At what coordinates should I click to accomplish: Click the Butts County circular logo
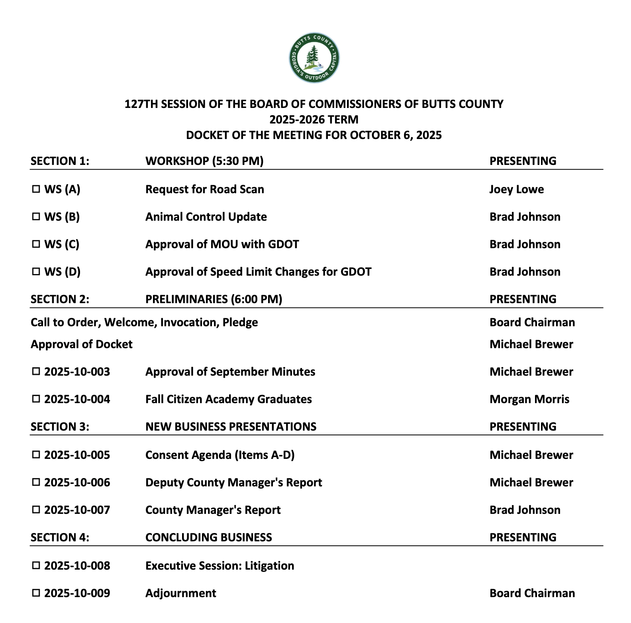(314, 58)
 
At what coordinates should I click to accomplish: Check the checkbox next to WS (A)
(36, 189)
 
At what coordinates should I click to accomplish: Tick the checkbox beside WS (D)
(36, 272)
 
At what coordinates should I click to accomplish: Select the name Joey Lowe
(516, 189)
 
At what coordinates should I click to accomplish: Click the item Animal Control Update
(206, 217)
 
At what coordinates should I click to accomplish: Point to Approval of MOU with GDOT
(222, 244)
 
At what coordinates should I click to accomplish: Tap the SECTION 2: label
(60, 299)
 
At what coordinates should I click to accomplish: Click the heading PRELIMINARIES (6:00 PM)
(214, 299)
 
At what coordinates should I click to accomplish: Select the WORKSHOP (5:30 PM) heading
(204, 161)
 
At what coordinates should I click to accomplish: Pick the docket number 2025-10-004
(77, 399)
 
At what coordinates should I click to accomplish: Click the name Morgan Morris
(529, 399)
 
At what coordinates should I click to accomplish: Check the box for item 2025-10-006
(36, 482)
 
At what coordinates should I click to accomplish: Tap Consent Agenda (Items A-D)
(220, 455)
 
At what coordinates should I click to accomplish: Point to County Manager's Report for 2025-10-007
(213, 510)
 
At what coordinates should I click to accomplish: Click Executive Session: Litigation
(219, 566)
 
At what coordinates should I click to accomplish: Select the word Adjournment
(180, 593)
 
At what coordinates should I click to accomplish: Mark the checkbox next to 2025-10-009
(36, 593)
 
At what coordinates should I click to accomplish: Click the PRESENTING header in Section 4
(523, 537)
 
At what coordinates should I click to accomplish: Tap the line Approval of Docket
(81, 344)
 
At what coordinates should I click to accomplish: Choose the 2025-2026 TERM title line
(314, 120)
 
